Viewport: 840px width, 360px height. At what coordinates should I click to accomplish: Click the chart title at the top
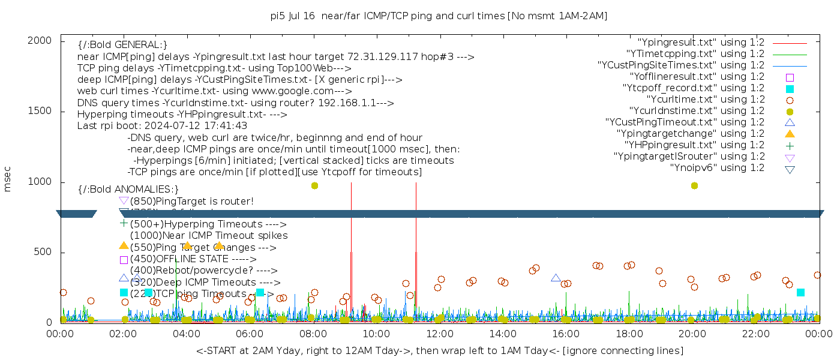coord(439,16)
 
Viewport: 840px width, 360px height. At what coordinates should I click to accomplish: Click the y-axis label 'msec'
coord(8,179)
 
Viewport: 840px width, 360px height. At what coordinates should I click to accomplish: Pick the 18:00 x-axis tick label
coord(628,334)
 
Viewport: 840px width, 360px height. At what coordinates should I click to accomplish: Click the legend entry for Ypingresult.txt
coord(701,43)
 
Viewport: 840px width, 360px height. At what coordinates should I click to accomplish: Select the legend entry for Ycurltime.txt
coord(706,100)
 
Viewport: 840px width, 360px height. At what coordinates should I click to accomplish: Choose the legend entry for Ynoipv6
coord(717,168)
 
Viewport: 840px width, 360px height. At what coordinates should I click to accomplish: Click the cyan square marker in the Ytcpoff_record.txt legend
coord(790,89)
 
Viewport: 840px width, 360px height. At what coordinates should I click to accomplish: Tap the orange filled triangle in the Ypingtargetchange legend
coord(790,134)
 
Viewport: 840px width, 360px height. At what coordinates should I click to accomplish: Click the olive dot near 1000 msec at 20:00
coord(694,186)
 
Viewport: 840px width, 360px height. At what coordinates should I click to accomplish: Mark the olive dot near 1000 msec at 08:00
coord(314,186)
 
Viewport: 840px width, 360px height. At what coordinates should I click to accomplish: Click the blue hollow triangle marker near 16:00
coord(556,278)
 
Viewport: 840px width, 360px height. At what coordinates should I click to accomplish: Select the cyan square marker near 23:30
coord(800,292)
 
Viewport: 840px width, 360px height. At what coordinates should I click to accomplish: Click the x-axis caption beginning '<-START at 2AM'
coord(439,350)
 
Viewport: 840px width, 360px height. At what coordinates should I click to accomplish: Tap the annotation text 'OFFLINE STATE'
coord(191,259)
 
